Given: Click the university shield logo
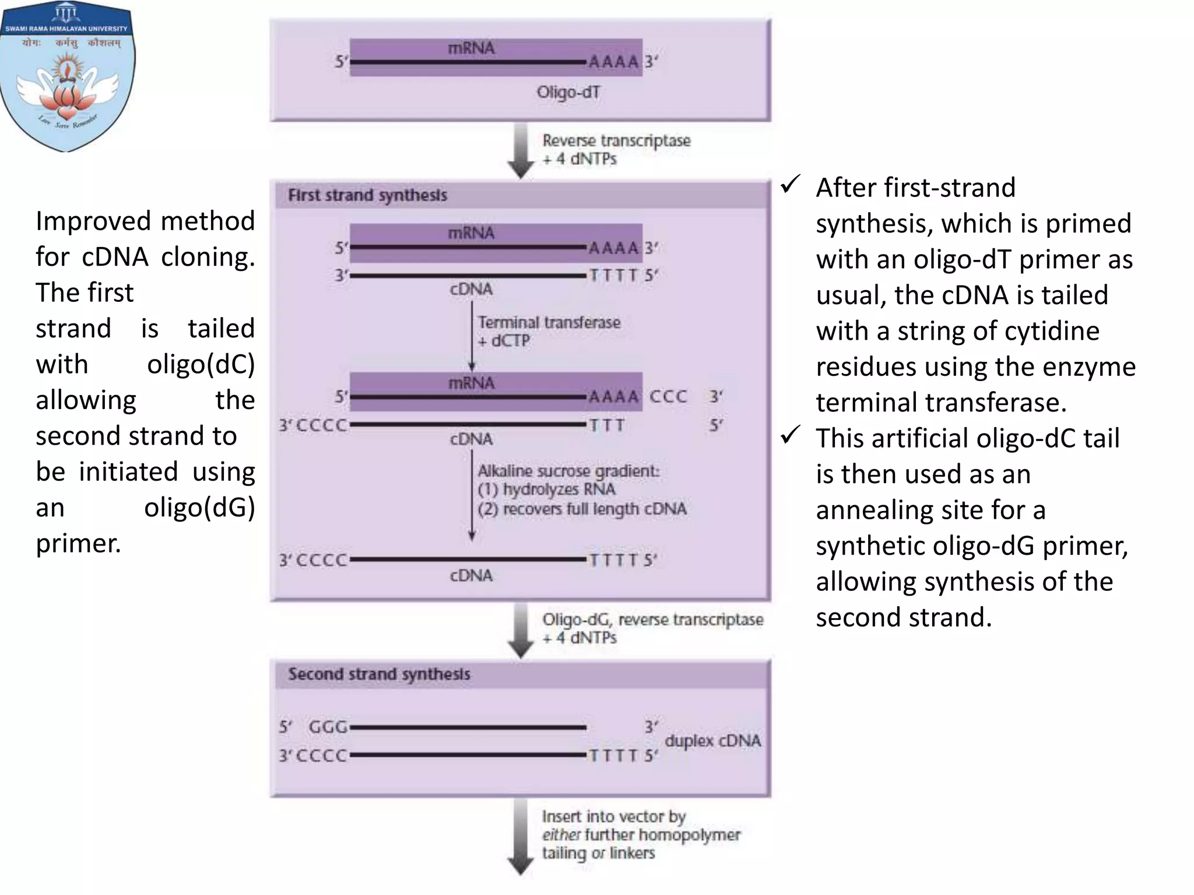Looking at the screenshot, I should click(68, 76).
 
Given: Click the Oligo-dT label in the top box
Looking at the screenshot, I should click(568, 93).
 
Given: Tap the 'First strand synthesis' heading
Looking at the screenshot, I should click(367, 195).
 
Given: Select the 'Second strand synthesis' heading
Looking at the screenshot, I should click(379, 674).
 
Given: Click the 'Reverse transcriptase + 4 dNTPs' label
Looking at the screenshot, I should click(616, 149).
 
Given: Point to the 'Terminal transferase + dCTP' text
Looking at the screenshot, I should click(549, 331).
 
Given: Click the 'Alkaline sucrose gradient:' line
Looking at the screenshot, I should click(568, 471).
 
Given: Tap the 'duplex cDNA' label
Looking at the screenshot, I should click(712, 741).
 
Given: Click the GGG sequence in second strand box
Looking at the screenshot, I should click(328, 727).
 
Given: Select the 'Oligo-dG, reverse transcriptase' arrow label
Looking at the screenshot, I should click(652, 619).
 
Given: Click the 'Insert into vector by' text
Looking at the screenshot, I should click(613, 816).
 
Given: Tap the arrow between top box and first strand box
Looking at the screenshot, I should click(521, 150).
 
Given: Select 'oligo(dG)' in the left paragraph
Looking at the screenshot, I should click(199, 508).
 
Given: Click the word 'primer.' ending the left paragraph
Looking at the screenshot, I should click(78, 544).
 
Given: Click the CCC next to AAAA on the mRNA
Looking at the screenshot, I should click(668, 396).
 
